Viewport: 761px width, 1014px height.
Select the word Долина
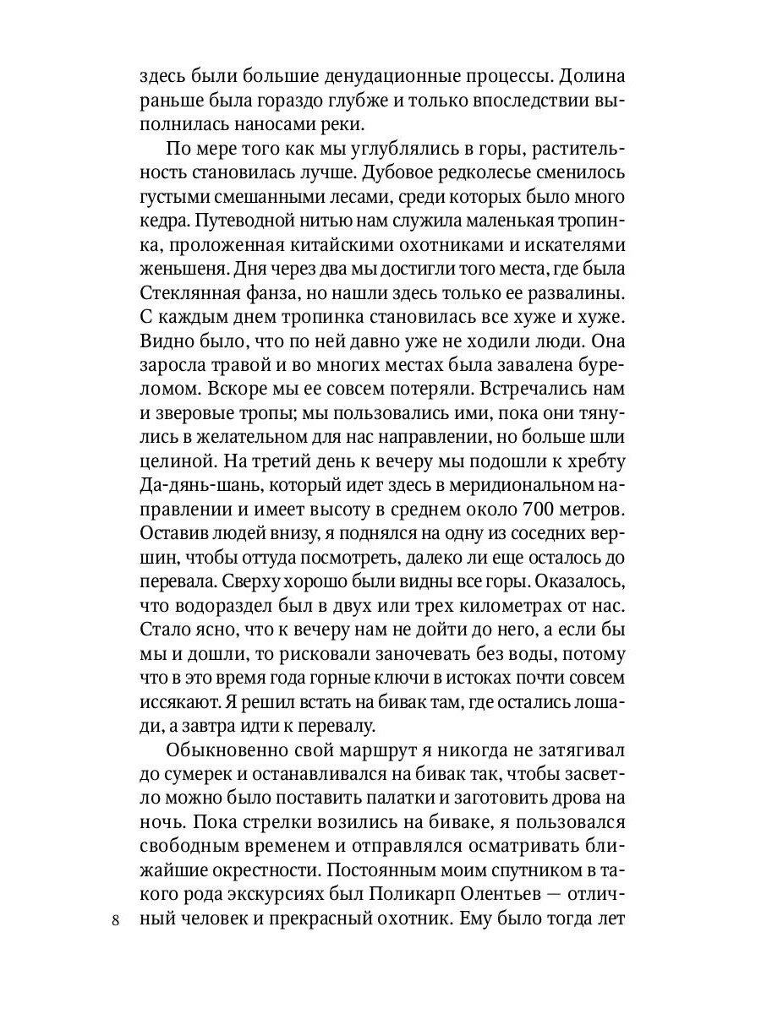pos(591,76)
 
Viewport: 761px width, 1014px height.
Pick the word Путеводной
pos(245,223)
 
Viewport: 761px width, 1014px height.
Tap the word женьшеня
pos(180,272)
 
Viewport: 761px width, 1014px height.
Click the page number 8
pos(116,920)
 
